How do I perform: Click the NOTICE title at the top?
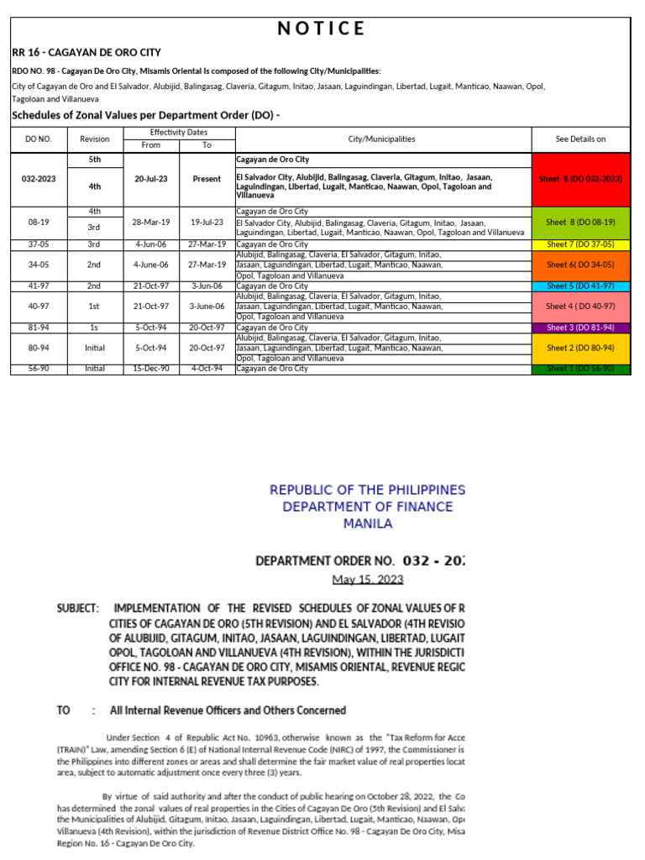(x=322, y=29)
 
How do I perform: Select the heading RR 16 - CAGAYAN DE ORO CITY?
(x=87, y=52)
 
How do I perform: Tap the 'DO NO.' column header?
(x=38, y=139)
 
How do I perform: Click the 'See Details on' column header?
(x=579, y=139)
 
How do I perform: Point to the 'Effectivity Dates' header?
(x=179, y=133)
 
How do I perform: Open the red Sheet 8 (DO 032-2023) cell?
(x=579, y=179)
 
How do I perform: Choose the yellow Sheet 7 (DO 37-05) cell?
(x=579, y=244)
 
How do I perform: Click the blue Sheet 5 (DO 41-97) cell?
(x=579, y=286)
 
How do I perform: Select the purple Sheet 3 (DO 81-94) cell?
(x=579, y=328)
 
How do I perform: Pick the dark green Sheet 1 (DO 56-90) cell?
(x=579, y=369)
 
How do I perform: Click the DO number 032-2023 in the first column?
(x=38, y=179)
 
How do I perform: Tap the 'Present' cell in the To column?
(x=207, y=179)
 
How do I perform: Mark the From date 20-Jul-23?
(x=151, y=179)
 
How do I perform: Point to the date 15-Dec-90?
(x=151, y=369)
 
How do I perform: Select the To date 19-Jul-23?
(x=207, y=222)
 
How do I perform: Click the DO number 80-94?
(x=38, y=348)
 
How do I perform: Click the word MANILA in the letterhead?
(x=367, y=523)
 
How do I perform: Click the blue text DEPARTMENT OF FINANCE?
(x=367, y=506)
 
